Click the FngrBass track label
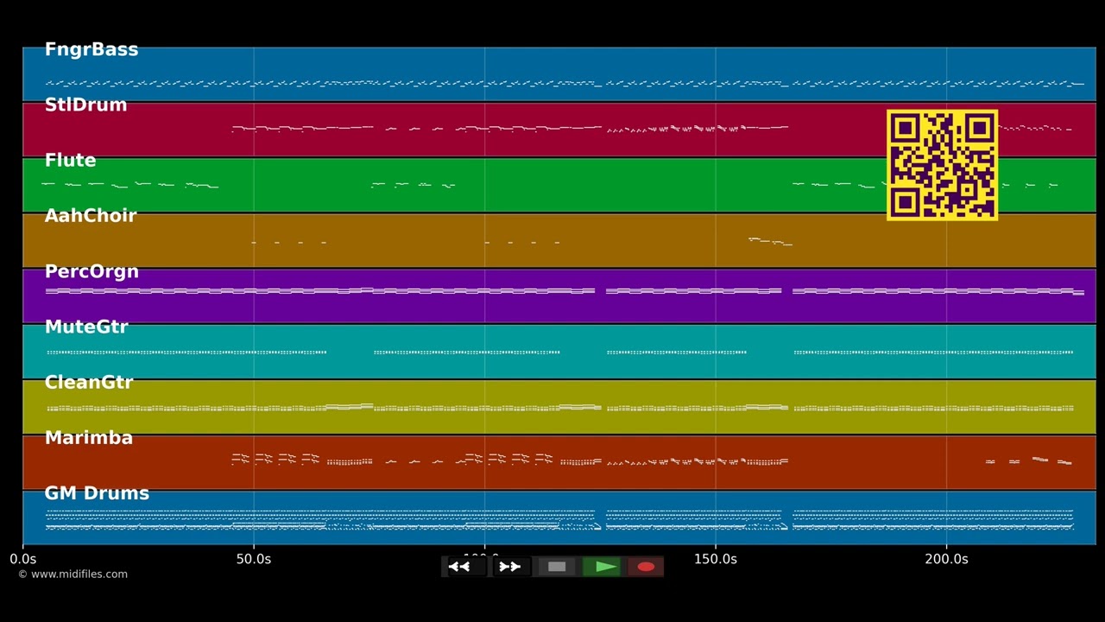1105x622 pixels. [91, 50]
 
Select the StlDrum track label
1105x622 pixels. [85, 105]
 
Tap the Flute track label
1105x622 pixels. [70, 161]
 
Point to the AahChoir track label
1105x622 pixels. [90, 216]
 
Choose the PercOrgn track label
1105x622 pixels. [92, 272]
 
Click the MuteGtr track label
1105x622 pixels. [85, 327]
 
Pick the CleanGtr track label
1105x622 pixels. [88, 383]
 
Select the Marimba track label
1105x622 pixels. [88, 438]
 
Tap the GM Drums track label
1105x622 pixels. [97, 493]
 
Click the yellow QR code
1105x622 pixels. [942, 164]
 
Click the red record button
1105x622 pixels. [646, 567]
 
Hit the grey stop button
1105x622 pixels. [557, 567]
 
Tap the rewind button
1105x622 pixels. [460, 567]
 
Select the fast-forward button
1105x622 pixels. [509, 567]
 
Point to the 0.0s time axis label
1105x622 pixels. [23, 559]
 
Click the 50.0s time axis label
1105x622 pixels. [254, 559]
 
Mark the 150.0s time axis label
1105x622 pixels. [716, 559]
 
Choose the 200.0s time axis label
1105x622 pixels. [946, 559]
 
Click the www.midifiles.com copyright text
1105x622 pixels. [73, 574]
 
